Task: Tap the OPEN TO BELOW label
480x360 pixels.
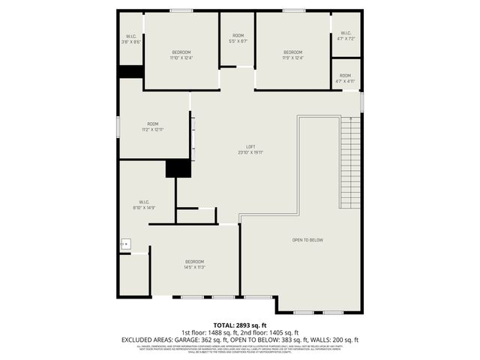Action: [307, 240]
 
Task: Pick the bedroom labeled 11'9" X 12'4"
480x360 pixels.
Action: [292, 55]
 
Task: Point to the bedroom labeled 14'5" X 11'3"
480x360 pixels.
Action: [195, 264]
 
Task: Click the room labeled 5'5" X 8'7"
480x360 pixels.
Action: [238, 38]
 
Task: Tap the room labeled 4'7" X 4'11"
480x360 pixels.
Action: [345, 78]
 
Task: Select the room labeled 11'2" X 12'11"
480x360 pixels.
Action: [153, 127]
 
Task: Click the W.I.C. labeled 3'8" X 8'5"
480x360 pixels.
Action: [131, 39]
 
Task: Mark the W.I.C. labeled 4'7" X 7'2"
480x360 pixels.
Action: [346, 35]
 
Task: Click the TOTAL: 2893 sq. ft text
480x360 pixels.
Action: [240, 324]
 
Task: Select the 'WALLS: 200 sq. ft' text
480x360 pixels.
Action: [336, 340]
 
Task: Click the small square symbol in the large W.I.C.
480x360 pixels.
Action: [126, 244]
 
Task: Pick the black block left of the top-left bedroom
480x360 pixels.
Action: [130, 71]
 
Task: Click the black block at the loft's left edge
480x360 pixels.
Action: [178, 169]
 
